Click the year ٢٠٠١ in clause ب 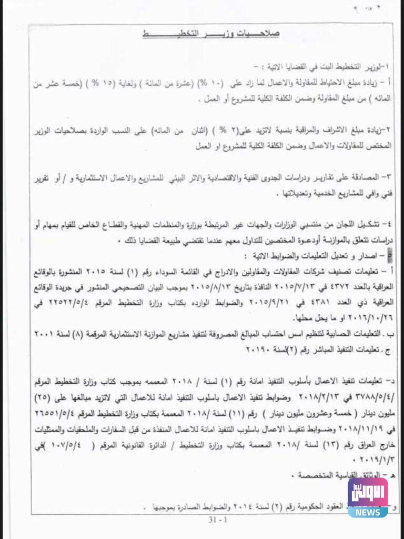coord(30,334)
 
